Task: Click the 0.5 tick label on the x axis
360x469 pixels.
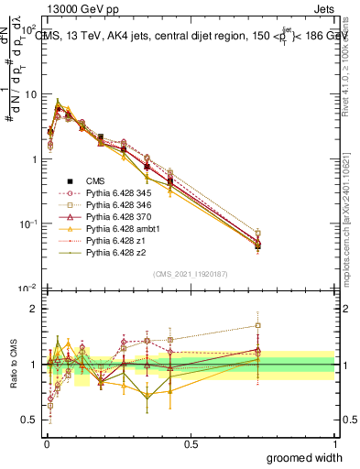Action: [191, 442]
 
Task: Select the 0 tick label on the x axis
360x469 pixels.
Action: [47, 442]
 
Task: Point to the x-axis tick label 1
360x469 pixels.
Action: [334, 442]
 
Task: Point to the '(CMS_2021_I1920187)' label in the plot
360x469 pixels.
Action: [191, 275]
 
